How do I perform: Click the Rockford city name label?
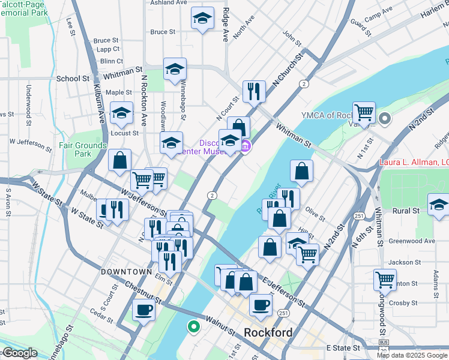pyautogui.click(x=268, y=333)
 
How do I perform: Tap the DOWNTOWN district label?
pyautogui.click(x=126, y=272)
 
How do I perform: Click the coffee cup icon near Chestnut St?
pyautogui.click(x=143, y=310)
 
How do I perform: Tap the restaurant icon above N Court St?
pyautogui.click(x=254, y=91)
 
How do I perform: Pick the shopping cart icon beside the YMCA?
pyautogui.click(x=364, y=112)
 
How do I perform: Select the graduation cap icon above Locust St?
pyautogui.click(x=122, y=113)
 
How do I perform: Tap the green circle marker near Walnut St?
pyautogui.click(x=193, y=327)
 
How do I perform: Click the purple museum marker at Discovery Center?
pyautogui.click(x=245, y=146)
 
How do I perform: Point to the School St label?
pyautogui.click(x=73, y=79)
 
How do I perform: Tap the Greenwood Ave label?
pyautogui.click(x=412, y=241)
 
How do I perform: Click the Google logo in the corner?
pyautogui.click(x=19, y=353)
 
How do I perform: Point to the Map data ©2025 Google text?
pyautogui.click(x=412, y=355)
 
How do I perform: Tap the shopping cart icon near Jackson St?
pyautogui.click(x=385, y=279)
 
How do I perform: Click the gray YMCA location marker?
pyautogui.click(x=385, y=118)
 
